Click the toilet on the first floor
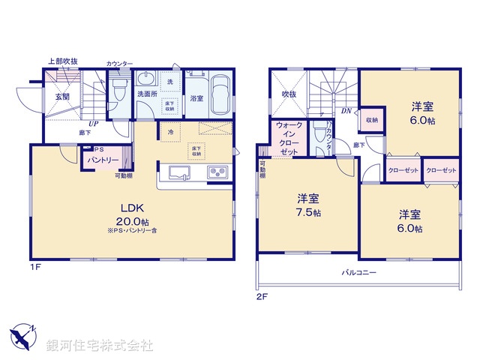point(117,93)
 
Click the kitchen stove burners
point(217,174)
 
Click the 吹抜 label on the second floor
point(289,94)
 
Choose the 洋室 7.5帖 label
point(308,205)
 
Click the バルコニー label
point(359,274)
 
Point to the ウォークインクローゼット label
point(289,138)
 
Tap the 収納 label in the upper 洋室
point(372,120)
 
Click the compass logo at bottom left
point(22,336)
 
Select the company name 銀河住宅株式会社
point(99,346)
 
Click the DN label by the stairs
point(346,111)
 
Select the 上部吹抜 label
point(63,61)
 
